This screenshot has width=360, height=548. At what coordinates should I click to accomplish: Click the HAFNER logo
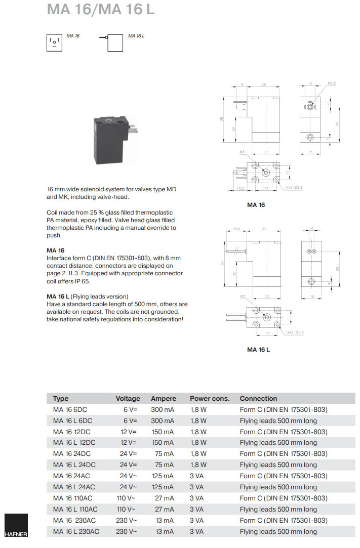(16, 526)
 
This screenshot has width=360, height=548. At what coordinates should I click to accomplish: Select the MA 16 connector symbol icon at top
(54, 43)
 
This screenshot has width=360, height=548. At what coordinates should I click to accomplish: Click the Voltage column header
(128, 398)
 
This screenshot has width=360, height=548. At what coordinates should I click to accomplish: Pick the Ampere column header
(163, 398)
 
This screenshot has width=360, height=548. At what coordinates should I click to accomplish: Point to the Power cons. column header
(210, 398)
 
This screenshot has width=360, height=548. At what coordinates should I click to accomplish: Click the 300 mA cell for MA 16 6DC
(162, 409)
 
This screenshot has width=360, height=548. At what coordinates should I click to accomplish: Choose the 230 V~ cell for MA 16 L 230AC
(126, 531)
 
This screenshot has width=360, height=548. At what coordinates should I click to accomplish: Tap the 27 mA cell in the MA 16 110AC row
(165, 498)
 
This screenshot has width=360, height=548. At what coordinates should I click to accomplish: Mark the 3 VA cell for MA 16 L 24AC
(196, 487)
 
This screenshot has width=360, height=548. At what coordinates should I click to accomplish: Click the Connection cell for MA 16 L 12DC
(278, 442)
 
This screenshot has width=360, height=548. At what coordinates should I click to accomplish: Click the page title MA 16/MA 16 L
(101, 10)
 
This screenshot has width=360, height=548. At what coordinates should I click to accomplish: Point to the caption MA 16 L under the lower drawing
(258, 349)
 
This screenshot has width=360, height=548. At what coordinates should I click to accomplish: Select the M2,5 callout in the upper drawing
(332, 82)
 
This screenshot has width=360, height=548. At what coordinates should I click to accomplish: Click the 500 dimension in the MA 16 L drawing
(236, 229)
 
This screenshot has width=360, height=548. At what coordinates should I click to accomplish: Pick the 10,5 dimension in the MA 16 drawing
(241, 188)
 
